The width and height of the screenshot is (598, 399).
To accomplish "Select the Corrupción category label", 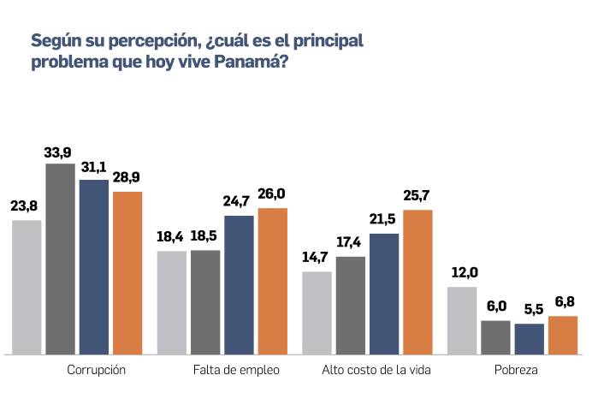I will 96,371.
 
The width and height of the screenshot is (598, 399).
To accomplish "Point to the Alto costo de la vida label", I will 376,371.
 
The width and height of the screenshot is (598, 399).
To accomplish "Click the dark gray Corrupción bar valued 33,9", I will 60,257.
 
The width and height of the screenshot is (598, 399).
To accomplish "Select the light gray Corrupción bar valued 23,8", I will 27,287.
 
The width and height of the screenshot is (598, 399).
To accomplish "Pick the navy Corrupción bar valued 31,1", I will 94,265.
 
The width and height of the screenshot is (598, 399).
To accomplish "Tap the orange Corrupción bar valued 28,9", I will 127,272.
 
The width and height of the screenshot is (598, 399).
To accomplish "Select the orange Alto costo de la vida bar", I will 417,281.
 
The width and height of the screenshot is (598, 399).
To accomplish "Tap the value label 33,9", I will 60,153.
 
